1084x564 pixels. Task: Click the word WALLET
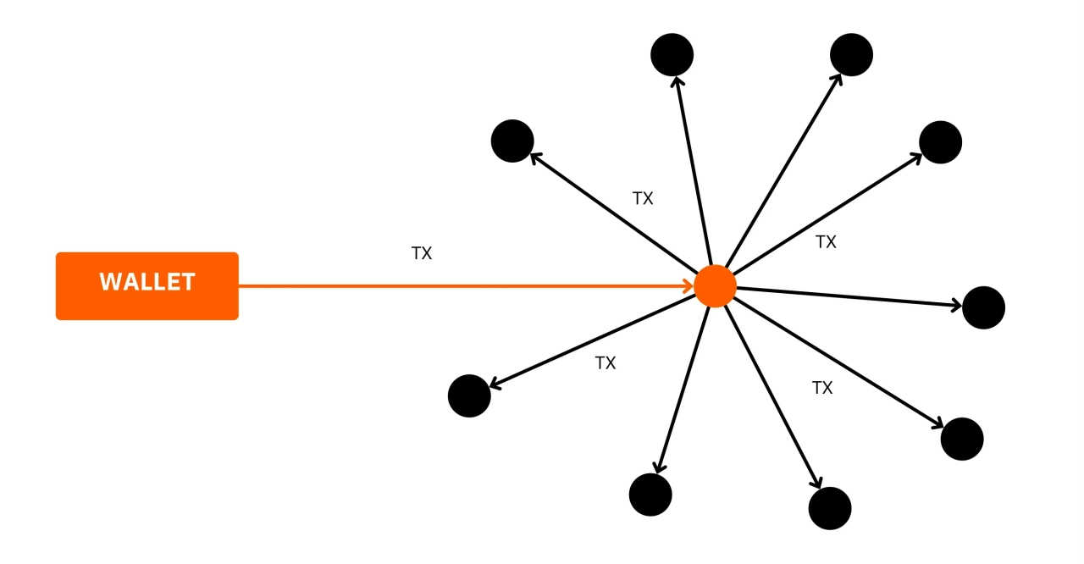147,282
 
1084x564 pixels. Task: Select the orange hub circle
715,285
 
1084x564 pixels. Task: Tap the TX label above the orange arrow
422,253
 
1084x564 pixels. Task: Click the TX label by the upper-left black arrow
643,198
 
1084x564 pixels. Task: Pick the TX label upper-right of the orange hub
826,241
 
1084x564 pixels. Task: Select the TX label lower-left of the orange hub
606,362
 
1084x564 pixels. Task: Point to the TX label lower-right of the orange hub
822,388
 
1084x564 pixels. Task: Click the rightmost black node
983,307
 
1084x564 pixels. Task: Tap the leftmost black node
469,395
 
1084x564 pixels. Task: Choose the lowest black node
830,508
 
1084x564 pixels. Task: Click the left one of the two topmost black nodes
672,55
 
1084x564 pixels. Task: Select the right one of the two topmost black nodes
851,55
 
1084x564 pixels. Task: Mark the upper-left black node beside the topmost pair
512,141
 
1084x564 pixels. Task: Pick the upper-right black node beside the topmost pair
940,142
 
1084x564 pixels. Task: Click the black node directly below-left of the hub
650,495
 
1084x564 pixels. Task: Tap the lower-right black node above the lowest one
962,439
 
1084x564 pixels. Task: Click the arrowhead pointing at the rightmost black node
957,305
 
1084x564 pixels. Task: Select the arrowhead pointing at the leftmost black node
495,385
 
